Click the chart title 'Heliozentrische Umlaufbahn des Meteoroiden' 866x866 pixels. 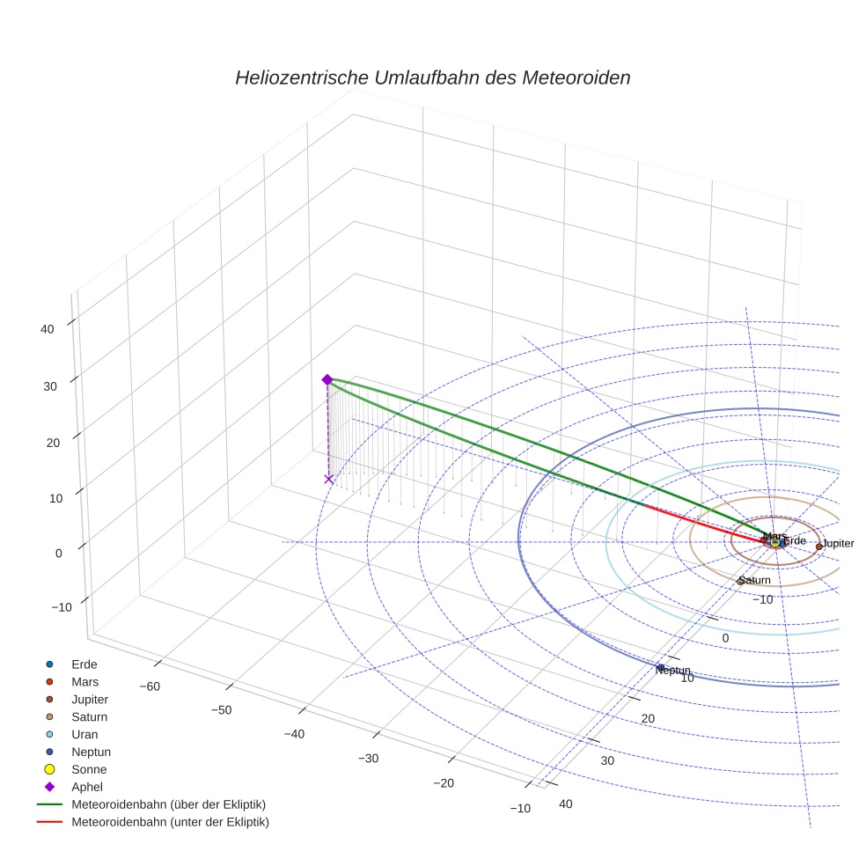point(432,77)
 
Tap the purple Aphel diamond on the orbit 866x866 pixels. point(327,379)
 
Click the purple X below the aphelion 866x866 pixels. point(329,479)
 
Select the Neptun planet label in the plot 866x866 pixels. point(673,671)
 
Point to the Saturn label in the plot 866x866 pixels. point(755,581)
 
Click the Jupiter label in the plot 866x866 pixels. point(838,544)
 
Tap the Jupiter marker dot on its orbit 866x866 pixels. point(819,547)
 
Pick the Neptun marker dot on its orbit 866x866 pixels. point(660,666)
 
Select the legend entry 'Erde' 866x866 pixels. point(84,664)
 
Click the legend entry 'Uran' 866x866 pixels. point(84,734)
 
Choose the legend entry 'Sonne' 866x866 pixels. point(89,769)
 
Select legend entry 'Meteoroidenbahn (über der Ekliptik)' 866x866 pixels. point(168,804)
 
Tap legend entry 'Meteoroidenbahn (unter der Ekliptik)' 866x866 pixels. point(170,822)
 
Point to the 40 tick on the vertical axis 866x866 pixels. point(47,329)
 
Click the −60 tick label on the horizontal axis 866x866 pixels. point(149,686)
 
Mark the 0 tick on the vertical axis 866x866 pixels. point(58,553)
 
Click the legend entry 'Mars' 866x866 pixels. point(85,681)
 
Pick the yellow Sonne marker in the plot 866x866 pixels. point(774,542)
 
